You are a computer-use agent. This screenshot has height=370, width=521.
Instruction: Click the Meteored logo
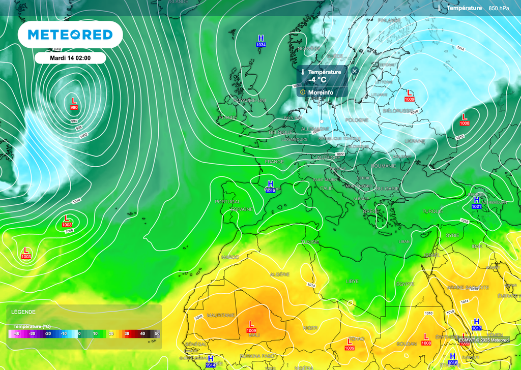tap(70, 35)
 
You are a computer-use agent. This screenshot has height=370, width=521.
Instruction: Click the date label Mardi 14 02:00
tap(70, 58)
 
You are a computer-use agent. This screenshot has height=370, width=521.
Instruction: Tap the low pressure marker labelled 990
tap(74, 104)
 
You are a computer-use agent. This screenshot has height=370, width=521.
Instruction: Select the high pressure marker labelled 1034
tap(260, 41)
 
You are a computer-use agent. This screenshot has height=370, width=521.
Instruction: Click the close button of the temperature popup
tap(355, 71)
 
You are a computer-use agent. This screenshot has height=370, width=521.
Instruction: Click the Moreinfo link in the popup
tap(321, 92)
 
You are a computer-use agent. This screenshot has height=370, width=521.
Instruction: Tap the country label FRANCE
tap(274, 162)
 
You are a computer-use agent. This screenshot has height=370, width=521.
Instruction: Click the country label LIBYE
tap(352, 281)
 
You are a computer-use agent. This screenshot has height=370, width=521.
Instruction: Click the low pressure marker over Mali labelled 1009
tap(251, 327)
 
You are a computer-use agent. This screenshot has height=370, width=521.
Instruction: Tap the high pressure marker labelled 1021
tap(477, 203)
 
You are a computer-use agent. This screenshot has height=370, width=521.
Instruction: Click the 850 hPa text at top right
tap(499, 8)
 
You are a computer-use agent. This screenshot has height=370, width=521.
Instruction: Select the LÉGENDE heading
tap(24, 312)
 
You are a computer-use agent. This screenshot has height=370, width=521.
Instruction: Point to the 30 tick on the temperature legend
tap(127, 333)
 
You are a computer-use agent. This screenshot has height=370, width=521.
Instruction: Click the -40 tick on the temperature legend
tap(17, 333)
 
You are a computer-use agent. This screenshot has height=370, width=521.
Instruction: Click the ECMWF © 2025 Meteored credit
tap(483, 340)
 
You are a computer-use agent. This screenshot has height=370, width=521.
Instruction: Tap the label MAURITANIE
tap(221, 316)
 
